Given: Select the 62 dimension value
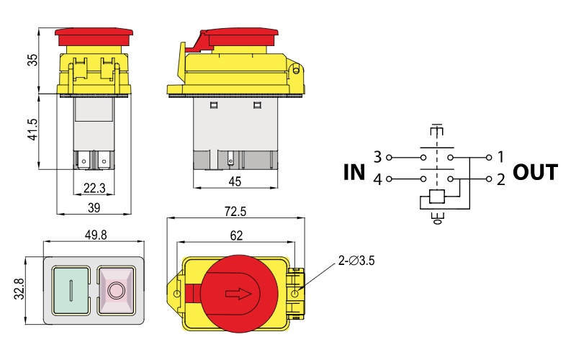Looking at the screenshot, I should click(x=236, y=235).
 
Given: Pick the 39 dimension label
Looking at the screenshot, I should click(x=94, y=207).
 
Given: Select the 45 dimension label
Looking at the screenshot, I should click(x=235, y=182).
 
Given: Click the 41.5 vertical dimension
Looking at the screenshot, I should click(x=32, y=132).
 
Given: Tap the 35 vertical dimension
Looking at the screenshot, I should click(x=32, y=60).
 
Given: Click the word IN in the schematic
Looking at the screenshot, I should click(x=354, y=173).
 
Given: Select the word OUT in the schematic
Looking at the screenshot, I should click(x=535, y=173).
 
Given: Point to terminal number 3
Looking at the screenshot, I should click(x=377, y=156).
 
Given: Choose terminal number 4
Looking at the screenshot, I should click(x=377, y=179).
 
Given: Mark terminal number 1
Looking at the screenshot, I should click(x=500, y=156).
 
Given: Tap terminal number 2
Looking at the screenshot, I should click(x=500, y=179).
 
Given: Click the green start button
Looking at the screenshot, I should click(x=71, y=290).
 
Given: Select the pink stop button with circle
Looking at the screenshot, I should click(x=115, y=290).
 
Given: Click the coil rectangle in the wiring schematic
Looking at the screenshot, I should click(x=435, y=196).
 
